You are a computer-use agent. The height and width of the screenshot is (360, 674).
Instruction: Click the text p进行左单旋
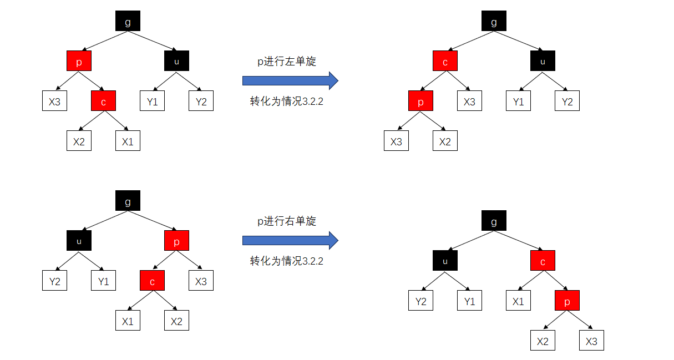coord(287,62)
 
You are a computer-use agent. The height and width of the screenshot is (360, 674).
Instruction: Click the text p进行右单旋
coord(287,221)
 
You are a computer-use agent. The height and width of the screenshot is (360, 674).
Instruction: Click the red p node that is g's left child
coord(79,61)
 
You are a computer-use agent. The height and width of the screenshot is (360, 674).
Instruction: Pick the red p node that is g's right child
coord(176,241)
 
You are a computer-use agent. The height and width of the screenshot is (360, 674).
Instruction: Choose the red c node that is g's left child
coord(445,61)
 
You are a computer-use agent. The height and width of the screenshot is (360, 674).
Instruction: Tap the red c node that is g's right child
coord(543,261)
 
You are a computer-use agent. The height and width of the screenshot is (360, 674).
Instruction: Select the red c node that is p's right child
coord(103,101)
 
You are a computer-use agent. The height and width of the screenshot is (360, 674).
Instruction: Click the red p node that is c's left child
coord(420,101)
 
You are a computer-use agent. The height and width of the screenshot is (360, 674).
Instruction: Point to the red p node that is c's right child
coord(567,301)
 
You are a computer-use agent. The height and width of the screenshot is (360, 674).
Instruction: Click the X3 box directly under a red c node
coord(469,101)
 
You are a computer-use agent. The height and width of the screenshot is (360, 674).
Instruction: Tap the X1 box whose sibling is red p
coord(518,301)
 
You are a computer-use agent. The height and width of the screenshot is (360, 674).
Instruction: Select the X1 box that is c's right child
coord(128,141)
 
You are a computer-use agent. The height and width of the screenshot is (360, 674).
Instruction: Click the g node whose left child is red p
coord(128,21)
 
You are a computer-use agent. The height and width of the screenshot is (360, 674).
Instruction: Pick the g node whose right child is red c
coord(494,221)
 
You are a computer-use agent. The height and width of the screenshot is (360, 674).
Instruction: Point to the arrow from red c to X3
coord(458,82)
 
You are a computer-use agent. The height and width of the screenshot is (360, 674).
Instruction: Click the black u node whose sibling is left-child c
coord(543,61)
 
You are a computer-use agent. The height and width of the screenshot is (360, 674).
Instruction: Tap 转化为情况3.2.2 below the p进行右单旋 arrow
coord(287,261)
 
